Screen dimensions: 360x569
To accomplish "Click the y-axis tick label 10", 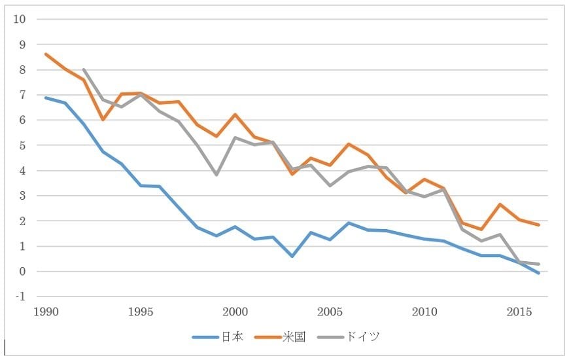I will click(x=20, y=19).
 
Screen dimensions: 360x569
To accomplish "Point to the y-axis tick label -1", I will click(x=20, y=297).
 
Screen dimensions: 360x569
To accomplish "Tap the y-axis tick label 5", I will click(x=22, y=145).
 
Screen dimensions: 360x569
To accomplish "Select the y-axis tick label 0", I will click(x=22, y=272).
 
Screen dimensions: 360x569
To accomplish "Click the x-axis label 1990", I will click(x=46, y=310).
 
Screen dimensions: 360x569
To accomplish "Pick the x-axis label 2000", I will click(x=235, y=310).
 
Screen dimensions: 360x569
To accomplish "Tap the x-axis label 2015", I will click(x=519, y=310).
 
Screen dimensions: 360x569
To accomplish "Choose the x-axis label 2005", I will click(x=330, y=310).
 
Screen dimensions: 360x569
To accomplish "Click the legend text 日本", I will click(x=232, y=337).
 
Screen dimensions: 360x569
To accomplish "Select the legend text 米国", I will click(x=294, y=337).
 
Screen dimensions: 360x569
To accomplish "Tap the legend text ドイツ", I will click(x=362, y=337).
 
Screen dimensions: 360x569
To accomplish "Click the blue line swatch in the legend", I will click(x=206, y=337).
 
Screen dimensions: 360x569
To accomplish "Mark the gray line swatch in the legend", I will click(x=330, y=337).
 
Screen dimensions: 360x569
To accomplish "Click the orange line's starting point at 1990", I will click(x=46, y=54).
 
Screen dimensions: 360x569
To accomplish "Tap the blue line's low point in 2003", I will click(x=292, y=256).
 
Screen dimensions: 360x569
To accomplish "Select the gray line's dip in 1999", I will click(x=216, y=175).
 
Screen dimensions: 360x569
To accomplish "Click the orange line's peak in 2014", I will click(x=500, y=204).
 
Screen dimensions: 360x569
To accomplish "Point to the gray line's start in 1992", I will click(x=84, y=69).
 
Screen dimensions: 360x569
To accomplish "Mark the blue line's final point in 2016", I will click(x=538, y=274).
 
